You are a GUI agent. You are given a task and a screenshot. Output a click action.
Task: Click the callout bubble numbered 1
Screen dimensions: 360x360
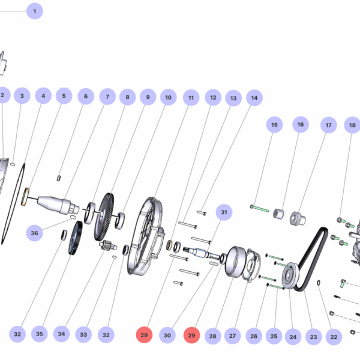click(34, 11)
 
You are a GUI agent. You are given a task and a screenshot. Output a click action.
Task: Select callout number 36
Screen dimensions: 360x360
click(34, 233)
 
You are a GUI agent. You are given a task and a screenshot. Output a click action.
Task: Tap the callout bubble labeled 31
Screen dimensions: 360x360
click(224, 212)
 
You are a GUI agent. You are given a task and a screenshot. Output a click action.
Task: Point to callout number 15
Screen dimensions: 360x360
click(274, 125)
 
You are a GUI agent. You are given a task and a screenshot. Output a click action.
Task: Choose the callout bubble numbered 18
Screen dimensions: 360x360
click(352, 125)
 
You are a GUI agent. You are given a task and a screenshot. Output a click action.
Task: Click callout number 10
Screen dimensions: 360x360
click(168, 97)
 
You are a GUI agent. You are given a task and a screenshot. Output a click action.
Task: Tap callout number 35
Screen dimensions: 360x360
click(39, 334)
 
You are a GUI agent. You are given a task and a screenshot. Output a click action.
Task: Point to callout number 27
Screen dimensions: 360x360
click(233, 336)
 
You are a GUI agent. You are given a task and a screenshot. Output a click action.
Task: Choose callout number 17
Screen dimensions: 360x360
click(328, 125)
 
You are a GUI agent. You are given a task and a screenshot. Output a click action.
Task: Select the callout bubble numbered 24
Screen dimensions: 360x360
click(292, 337)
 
